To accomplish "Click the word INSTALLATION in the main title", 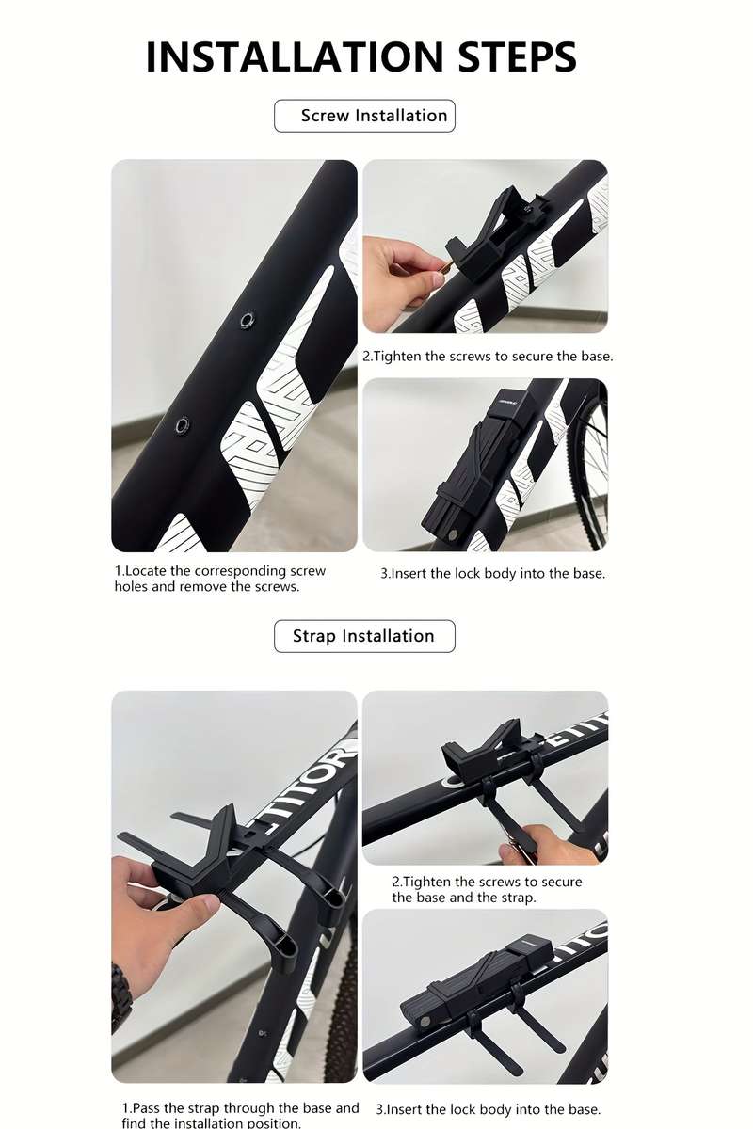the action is tap(294, 56).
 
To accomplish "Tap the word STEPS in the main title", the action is tap(517, 56).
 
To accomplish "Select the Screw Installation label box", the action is tap(364, 116).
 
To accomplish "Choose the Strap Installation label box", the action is tap(364, 636).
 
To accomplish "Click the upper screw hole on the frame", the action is tap(247, 320).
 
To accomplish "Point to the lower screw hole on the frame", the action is tap(183, 425).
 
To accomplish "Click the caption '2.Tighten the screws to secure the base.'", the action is tap(488, 357).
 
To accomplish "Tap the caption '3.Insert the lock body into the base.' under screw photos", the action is tap(493, 574).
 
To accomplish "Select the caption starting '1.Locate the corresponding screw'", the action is tap(220, 579).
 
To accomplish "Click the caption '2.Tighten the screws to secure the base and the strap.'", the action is tap(487, 890).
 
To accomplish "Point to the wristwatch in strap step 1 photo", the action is tap(120, 992).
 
